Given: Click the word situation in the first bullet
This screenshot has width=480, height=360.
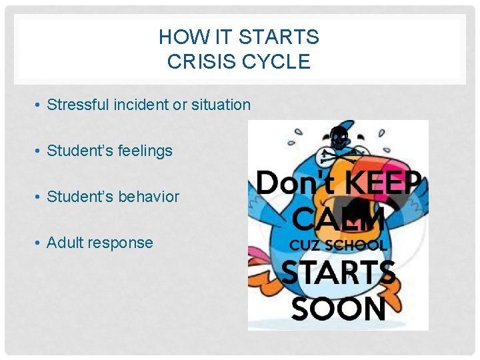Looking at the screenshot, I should [221, 105].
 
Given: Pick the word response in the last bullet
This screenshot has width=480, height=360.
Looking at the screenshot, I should [123, 243].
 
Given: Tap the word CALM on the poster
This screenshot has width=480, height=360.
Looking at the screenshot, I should [338, 218].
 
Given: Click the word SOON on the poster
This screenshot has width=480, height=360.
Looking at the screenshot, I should [339, 309].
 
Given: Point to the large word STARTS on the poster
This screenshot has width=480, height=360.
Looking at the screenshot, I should [339, 274].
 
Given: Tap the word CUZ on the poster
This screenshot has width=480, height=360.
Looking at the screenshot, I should [304, 245].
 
